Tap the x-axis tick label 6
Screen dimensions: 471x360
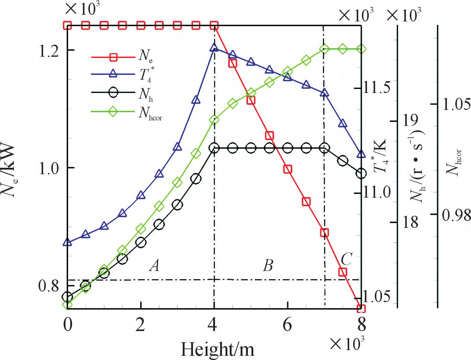287,325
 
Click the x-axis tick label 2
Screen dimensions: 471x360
141,325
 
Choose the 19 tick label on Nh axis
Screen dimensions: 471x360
410,121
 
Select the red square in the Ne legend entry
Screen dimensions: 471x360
113,57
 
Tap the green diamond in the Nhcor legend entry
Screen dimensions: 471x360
113,111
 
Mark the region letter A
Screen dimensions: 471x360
155,266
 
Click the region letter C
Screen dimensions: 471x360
346,258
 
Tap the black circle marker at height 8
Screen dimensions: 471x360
361,174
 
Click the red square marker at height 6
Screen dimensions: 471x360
288,169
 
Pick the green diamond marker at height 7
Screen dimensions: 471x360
324,49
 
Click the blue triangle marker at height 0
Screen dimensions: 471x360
67,242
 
